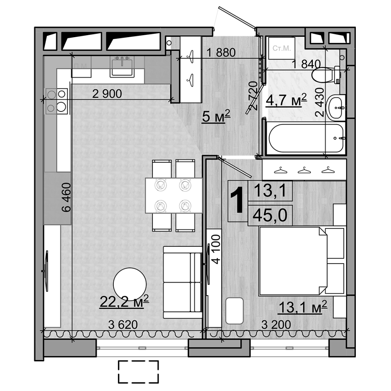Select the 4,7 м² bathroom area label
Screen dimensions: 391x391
[x=286, y=100]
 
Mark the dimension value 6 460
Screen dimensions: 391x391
[x=66, y=197]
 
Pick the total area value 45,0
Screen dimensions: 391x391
[x=270, y=214]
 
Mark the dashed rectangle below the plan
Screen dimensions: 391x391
[x=138, y=372]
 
